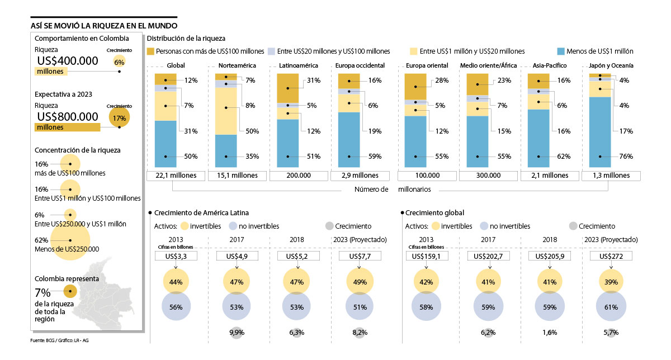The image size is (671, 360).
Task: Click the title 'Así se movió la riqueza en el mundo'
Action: (x=105, y=26)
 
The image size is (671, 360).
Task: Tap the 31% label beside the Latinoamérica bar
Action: (x=313, y=80)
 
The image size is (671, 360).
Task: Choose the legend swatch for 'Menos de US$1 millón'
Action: (x=562, y=51)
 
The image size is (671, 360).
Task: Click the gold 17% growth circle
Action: (x=119, y=118)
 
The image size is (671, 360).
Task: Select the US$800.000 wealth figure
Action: (x=68, y=116)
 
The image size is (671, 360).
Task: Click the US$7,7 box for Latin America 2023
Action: (x=360, y=257)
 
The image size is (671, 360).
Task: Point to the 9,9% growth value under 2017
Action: (x=237, y=333)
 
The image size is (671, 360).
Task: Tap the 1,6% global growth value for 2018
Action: (x=549, y=333)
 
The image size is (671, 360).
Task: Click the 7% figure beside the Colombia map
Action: (x=42, y=292)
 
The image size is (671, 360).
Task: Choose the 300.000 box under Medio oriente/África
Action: (x=488, y=176)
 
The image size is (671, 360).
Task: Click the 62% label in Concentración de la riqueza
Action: (x=41, y=241)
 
